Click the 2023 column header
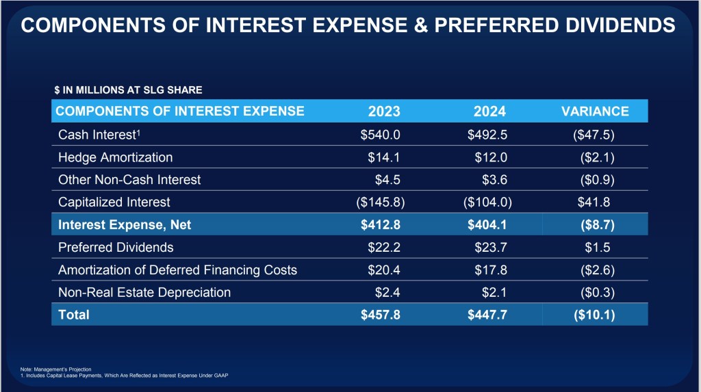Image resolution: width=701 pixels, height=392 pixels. (384, 112)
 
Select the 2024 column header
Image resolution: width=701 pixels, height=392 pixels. (489, 112)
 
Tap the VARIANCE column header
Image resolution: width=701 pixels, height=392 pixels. (595, 112)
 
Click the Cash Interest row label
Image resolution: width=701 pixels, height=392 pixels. (99, 135)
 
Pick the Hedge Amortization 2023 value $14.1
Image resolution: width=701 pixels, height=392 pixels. (384, 157)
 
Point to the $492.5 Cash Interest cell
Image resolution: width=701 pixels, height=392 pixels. (487, 135)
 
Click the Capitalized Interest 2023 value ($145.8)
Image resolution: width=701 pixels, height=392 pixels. (381, 202)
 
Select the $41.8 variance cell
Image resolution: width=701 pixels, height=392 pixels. (594, 202)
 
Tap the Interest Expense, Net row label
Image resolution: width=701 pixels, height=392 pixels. (125, 224)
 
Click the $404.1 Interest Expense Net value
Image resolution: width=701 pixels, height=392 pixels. (487, 224)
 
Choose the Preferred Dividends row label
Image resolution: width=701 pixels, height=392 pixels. (116, 247)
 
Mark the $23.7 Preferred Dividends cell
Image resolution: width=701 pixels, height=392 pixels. (491, 247)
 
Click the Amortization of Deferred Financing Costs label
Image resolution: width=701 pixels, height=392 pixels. (177, 270)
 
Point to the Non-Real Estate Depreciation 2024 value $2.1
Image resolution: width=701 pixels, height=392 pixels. (494, 292)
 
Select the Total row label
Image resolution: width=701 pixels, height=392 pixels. (74, 315)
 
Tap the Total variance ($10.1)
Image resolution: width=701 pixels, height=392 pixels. (594, 315)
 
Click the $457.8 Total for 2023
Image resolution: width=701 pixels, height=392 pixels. (381, 315)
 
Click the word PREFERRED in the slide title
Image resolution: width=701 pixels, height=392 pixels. (496, 25)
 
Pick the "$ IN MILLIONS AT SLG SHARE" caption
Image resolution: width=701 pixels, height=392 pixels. (128, 90)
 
